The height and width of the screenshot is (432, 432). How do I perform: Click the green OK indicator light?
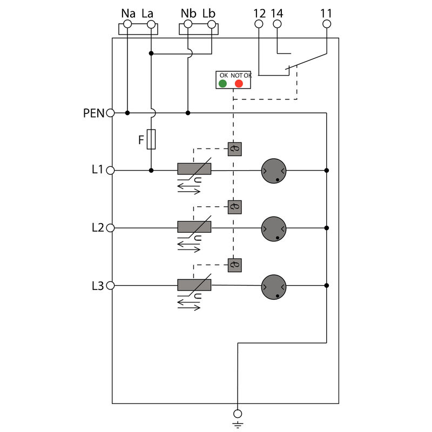coord(222,83)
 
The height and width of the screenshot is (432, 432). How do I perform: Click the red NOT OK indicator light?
coord(239,83)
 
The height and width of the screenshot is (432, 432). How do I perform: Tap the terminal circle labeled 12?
coord(259,24)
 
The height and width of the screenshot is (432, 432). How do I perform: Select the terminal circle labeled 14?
coord(277,24)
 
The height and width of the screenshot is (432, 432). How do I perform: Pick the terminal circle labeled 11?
coord(327,24)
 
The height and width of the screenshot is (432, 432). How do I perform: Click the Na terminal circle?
coord(127,24)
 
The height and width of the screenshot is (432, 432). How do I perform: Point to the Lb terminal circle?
coord(212,24)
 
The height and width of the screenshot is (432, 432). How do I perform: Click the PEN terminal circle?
coord(111,113)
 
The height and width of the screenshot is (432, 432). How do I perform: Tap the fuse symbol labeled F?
coord(151,139)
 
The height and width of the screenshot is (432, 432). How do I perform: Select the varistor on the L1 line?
coord(194,169)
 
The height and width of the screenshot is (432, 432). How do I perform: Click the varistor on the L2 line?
coord(194,227)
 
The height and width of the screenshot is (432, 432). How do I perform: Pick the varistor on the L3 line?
coord(194,285)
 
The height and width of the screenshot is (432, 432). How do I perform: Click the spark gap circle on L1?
coord(274,171)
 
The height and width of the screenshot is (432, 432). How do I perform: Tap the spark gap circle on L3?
coord(274,286)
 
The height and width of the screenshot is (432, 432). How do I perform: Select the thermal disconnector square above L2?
coord(234,207)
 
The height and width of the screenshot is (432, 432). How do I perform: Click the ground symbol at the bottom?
coord(237,417)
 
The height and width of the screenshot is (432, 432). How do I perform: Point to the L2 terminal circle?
coord(111,228)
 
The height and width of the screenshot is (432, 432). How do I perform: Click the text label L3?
coord(97,286)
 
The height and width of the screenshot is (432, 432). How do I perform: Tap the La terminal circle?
coord(151,24)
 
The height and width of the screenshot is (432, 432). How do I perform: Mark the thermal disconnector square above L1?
coord(234,149)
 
